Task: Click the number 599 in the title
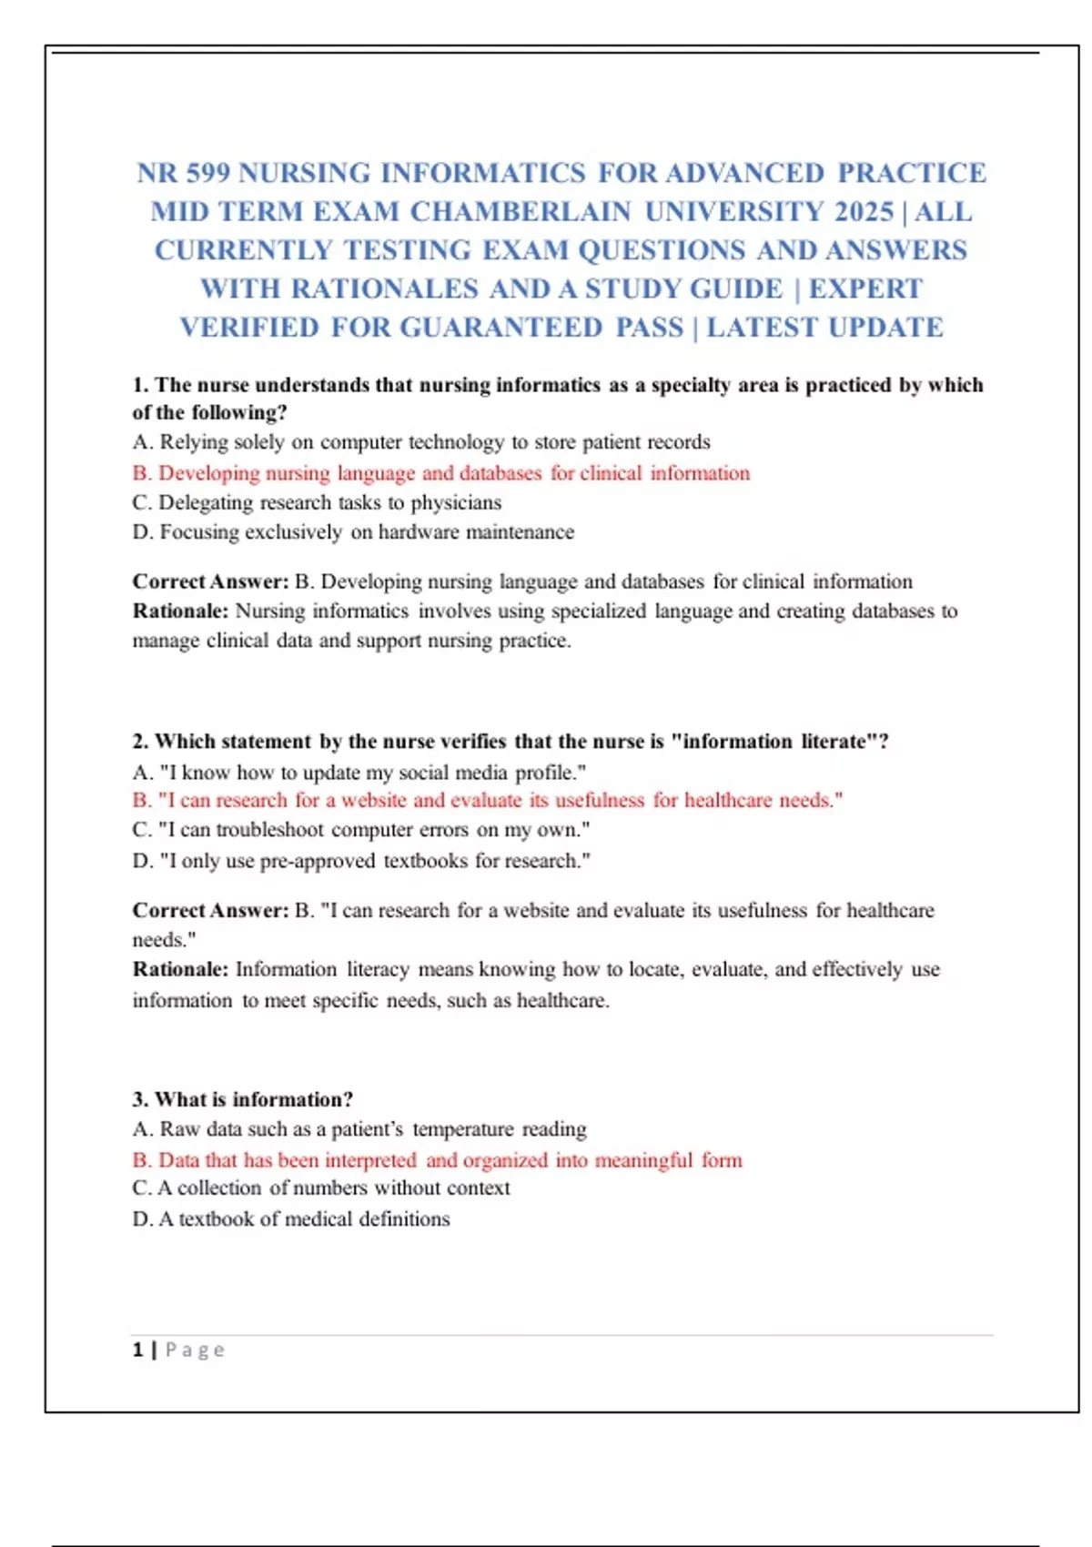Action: coord(207,173)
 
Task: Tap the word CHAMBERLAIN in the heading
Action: coord(520,212)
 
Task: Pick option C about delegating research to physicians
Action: coord(317,503)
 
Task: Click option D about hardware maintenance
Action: coord(353,532)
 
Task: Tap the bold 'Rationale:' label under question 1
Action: coord(180,611)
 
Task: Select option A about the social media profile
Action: coord(359,773)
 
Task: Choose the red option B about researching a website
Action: coord(487,801)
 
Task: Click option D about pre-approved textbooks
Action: coord(361,861)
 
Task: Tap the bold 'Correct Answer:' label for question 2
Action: coord(210,911)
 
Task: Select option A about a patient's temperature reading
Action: coord(359,1129)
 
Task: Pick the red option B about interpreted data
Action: coord(437,1160)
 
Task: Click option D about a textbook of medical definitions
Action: coord(291,1219)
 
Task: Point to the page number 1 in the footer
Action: coord(137,1350)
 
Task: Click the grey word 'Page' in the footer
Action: coord(195,1350)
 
